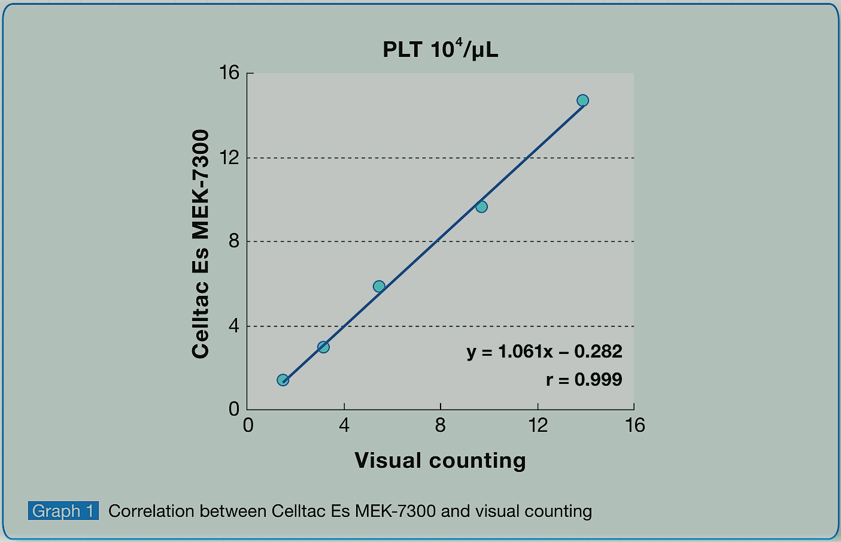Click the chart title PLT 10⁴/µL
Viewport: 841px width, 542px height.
click(x=440, y=49)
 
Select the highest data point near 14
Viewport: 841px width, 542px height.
click(x=582, y=101)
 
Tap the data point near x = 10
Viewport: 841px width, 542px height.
click(x=481, y=207)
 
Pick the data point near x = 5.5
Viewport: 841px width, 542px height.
click(x=379, y=286)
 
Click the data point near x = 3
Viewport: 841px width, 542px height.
click(x=323, y=347)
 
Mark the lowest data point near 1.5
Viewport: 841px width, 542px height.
click(x=283, y=380)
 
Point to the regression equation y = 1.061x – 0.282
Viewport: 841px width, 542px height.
click(x=544, y=352)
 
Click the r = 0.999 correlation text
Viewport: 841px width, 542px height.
click(x=584, y=379)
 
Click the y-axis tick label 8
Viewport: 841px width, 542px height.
click(x=233, y=241)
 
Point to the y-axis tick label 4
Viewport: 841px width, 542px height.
click(x=233, y=326)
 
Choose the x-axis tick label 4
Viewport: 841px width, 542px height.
click(x=344, y=425)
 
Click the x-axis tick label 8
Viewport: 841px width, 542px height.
click(x=441, y=425)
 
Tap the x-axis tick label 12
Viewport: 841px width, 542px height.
click(x=538, y=425)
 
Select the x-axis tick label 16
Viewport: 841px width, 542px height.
click(x=634, y=425)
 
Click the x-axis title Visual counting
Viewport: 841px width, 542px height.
click(x=440, y=460)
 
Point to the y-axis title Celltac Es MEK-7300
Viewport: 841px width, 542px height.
click(x=201, y=244)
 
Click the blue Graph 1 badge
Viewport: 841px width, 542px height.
click(x=63, y=511)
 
